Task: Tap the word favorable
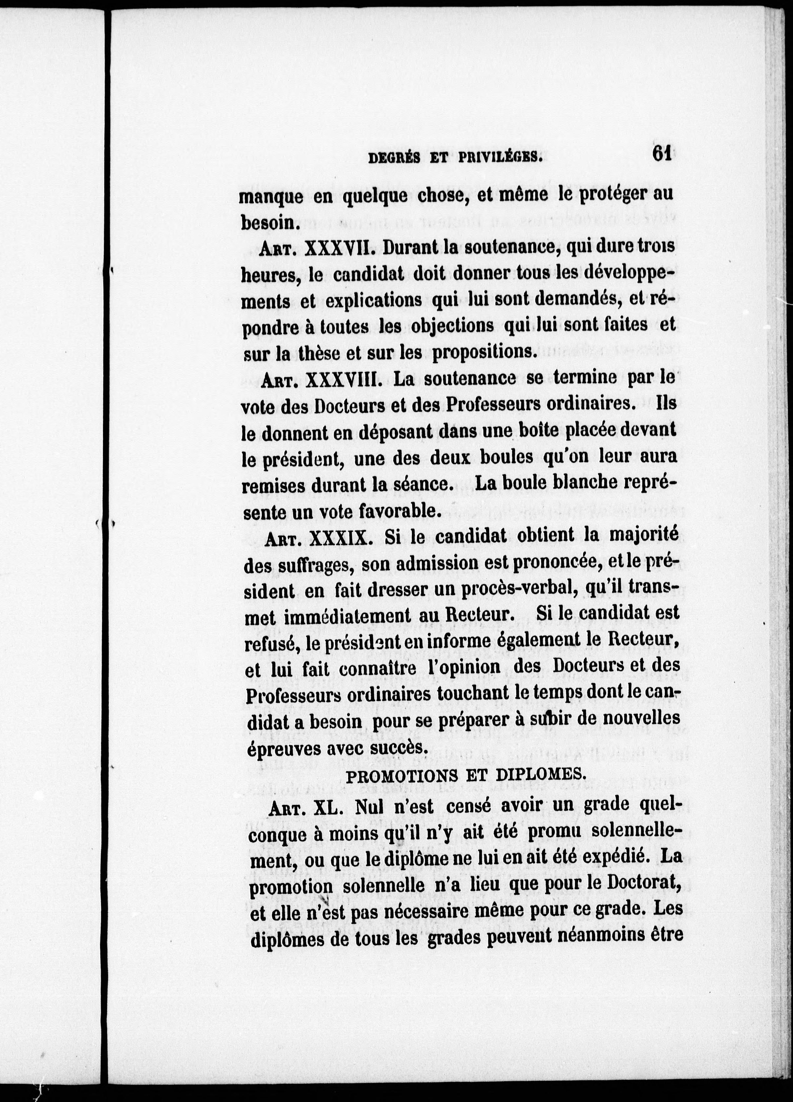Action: (400, 510)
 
